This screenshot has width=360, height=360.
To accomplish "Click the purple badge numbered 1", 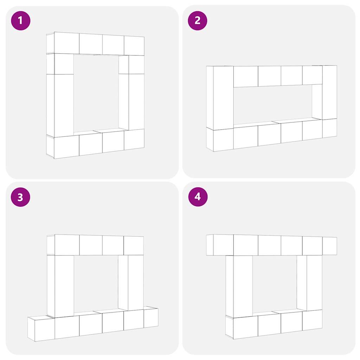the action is pos(20,21).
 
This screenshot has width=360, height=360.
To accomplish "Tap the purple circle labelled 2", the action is pos(198,21).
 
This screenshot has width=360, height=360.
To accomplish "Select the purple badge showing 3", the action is pos(20,197).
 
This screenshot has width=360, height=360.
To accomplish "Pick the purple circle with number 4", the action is pos(198,197).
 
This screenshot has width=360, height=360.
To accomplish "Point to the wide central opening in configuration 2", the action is pos(273,105).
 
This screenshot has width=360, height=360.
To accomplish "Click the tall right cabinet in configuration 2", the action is pos(329,92).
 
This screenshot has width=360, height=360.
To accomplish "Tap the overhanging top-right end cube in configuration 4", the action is pos(329,246).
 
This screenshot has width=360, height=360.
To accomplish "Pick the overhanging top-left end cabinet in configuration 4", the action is pos(220,245).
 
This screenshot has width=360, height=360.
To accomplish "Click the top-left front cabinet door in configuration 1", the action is pos(66,43).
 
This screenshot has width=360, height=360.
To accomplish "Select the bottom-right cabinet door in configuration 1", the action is pos(134,139).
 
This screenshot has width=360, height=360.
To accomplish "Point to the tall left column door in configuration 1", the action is pos(64,105).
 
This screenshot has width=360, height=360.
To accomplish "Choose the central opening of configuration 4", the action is pos(275,284).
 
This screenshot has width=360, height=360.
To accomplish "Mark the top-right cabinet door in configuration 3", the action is pos(134,245).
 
